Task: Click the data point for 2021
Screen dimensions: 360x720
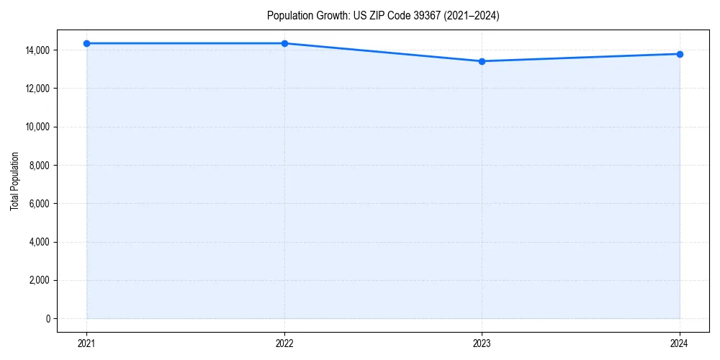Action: coord(86,43)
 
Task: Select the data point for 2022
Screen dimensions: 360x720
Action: coord(284,43)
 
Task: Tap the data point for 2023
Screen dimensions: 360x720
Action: coord(482,61)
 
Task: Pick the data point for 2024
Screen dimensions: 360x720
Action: coord(680,54)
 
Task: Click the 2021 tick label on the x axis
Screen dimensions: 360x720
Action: coord(86,343)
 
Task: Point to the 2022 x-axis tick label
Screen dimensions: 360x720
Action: coord(284,343)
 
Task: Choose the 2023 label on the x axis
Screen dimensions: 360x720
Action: coord(482,343)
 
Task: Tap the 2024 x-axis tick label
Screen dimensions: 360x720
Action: coord(680,343)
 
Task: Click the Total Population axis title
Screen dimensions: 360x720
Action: coord(14,181)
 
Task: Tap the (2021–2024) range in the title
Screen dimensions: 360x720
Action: coord(471,16)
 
